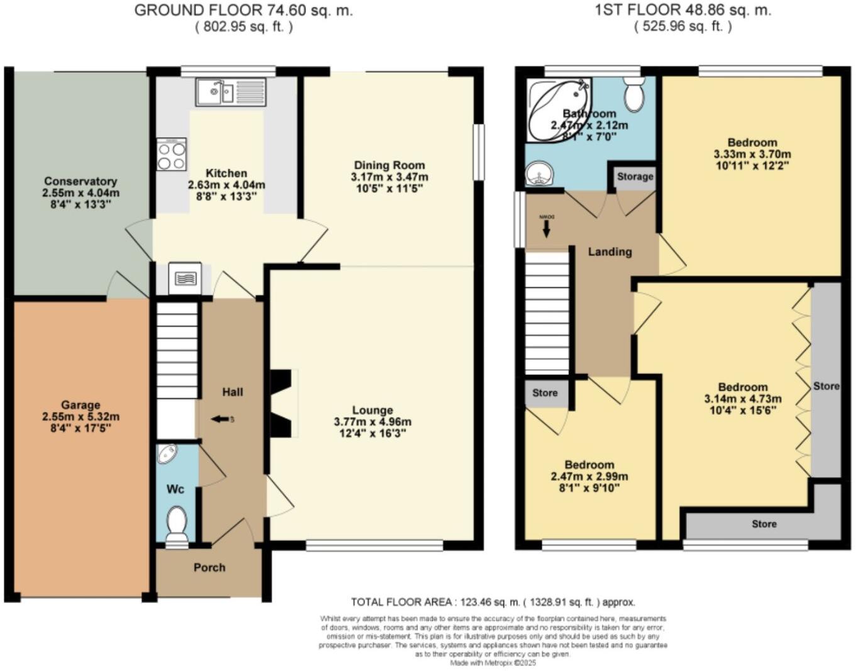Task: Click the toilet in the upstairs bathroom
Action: pos(634,94)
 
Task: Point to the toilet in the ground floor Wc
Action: pos(177,524)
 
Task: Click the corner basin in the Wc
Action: pos(168,453)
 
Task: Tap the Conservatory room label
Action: pos(80,181)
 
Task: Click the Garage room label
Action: pos(80,405)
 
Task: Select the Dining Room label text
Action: pos(389,165)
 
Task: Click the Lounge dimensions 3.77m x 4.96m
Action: pos(373,422)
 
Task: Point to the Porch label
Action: pos(209,567)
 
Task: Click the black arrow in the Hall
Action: pos(220,419)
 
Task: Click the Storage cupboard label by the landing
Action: pos(635,177)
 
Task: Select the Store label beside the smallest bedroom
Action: pos(545,393)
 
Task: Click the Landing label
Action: pos(610,252)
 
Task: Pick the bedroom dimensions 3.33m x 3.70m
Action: pos(752,154)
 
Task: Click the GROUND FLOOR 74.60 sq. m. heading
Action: pos(243,10)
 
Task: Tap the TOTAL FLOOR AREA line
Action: pos(493,602)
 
